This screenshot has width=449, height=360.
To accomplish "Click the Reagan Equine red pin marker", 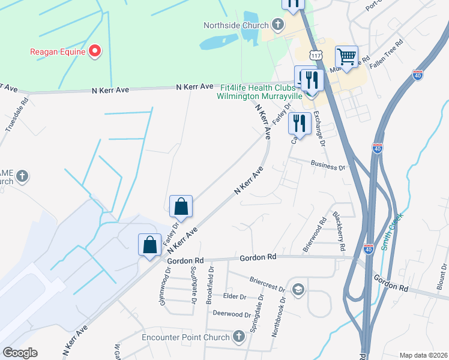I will click(94, 52).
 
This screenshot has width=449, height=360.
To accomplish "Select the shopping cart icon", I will click(347, 57).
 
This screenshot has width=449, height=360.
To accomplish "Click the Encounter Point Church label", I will click(185, 337).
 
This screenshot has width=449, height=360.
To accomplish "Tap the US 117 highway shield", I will click(315, 55).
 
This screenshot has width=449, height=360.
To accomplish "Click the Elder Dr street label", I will click(235, 297).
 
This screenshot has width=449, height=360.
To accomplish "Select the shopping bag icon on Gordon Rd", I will click(149, 245).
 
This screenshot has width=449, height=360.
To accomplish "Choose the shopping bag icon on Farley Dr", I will click(181, 206).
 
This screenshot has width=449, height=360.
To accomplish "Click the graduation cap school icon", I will click(297, 290).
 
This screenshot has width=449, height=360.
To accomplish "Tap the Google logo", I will click(20, 353).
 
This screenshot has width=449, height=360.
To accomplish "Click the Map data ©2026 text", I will click(423, 355).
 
